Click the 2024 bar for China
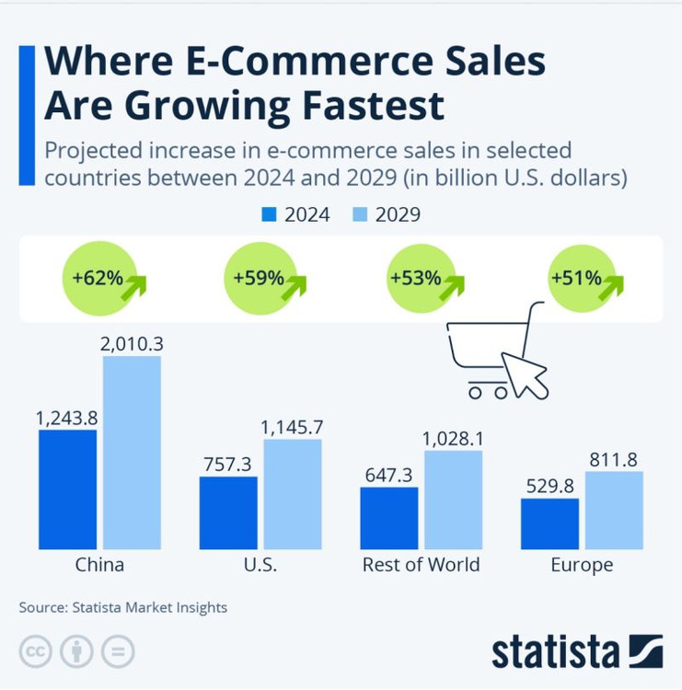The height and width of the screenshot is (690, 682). [67, 489]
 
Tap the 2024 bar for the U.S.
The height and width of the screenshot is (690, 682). [228, 512]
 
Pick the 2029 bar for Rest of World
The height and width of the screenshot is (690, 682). [453, 500]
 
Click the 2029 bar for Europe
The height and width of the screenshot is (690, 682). [614, 511]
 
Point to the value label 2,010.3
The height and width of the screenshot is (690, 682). [132, 344]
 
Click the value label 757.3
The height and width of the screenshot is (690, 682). [227, 465]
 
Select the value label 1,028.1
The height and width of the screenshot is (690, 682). [454, 439]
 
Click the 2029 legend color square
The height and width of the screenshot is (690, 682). [360, 214]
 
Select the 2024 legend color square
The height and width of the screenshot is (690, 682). [270, 214]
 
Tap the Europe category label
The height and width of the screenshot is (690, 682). [582, 565]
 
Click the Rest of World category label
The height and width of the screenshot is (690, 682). [421, 565]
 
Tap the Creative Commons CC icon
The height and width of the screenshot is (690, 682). [36, 651]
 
